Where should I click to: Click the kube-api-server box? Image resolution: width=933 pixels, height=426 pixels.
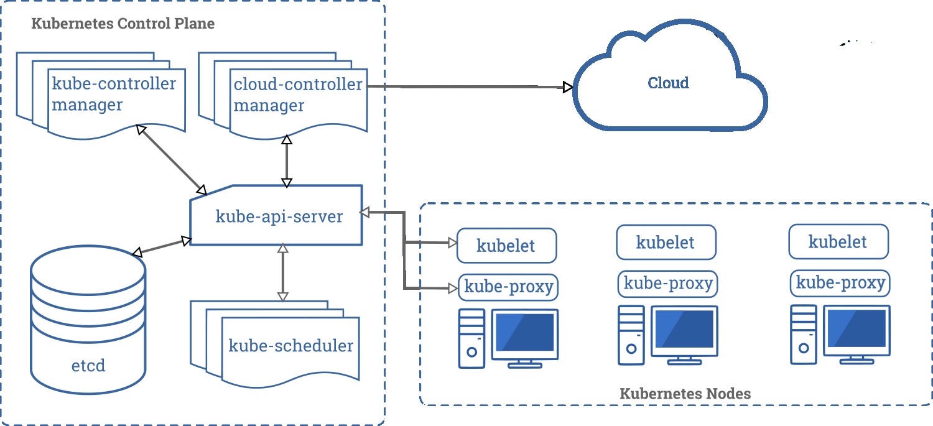click(278, 216)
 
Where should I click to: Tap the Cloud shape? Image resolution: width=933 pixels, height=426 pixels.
click(669, 83)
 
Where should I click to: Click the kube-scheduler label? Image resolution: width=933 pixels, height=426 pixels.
click(290, 346)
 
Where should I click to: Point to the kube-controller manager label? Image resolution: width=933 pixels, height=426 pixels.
click(114, 94)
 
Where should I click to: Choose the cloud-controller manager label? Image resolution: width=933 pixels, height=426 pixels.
click(297, 94)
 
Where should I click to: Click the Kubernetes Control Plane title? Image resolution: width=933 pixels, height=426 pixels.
click(123, 24)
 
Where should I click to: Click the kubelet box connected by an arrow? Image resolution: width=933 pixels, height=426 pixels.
click(506, 245)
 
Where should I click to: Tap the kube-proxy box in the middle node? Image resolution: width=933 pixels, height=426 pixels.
click(667, 284)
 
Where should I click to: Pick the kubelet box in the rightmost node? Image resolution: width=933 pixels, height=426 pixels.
click(838, 242)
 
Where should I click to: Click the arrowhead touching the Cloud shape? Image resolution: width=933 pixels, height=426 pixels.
click(567, 87)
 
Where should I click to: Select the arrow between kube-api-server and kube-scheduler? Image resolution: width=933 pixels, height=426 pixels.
click(282, 272)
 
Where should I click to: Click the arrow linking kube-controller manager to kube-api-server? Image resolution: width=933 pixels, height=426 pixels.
click(171, 159)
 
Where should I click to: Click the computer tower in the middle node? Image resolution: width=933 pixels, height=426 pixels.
click(631, 335)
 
